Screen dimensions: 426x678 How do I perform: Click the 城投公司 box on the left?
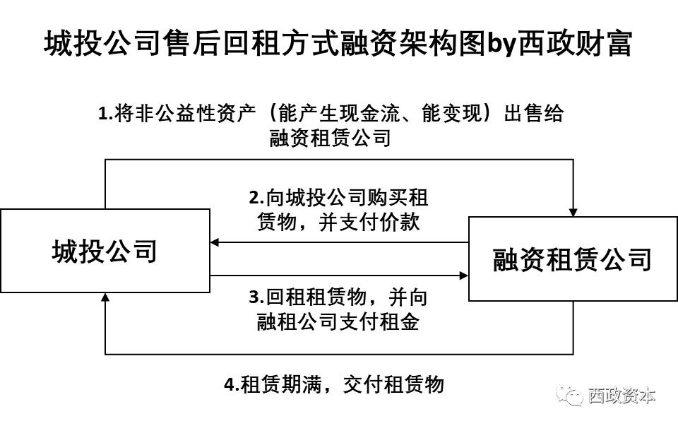click(x=105, y=251)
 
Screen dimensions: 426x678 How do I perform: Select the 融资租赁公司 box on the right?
click(x=572, y=259)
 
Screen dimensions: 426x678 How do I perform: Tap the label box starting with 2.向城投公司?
click(x=338, y=208)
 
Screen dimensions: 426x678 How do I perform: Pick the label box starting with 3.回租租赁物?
click(x=338, y=309)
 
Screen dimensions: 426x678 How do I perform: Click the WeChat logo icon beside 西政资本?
click(x=569, y=394)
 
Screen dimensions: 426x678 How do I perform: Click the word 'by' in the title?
click(x=501, y=44)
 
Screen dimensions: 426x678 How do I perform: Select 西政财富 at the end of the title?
click(x=575, y=44)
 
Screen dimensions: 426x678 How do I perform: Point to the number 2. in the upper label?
click(x=257, y=197)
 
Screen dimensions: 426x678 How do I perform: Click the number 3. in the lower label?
click(x=257, y=297)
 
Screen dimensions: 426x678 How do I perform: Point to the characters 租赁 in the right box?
click(x=572, y=259)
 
